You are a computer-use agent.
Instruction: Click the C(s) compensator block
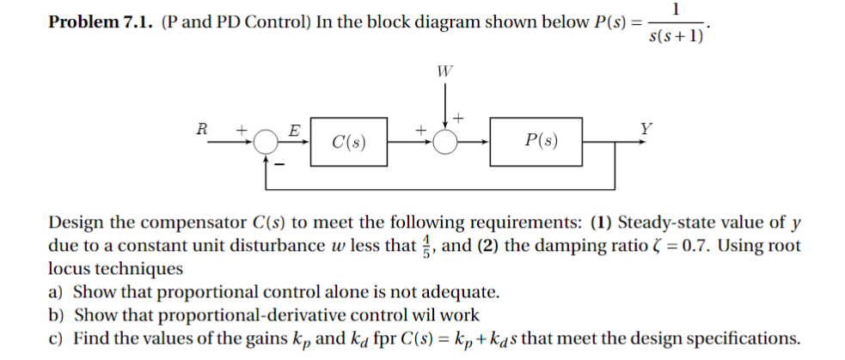click(348, 140)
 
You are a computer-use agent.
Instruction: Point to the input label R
click(202, 128)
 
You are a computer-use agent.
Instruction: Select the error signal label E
click(293, 131)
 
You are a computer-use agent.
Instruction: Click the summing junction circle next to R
click(267, 141)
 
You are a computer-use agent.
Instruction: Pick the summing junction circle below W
click(444, 141)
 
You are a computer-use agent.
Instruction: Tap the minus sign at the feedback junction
click(278, 161)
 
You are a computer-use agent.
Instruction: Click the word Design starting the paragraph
click(74, 223)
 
